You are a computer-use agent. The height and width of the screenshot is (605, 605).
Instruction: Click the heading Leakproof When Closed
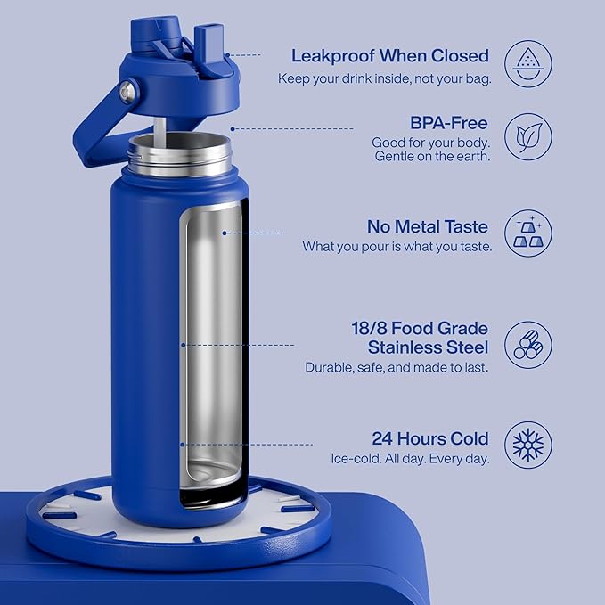point(389,55)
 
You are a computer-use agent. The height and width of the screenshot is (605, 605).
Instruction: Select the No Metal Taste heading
point(429,226)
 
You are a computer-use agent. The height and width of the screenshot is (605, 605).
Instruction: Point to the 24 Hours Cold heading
point(430,438)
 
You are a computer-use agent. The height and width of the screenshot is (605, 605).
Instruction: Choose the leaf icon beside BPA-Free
point(528,137)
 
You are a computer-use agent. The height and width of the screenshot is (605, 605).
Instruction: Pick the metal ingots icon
point(528,233)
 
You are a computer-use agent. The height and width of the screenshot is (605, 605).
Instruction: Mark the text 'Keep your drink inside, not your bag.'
point(383,78)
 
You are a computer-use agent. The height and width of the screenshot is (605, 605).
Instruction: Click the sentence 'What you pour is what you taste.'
point(397,246)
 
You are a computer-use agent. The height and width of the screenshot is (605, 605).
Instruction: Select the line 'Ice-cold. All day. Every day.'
point(411,459)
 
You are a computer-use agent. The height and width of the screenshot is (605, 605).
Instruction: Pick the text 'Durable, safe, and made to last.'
point(397,367)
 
